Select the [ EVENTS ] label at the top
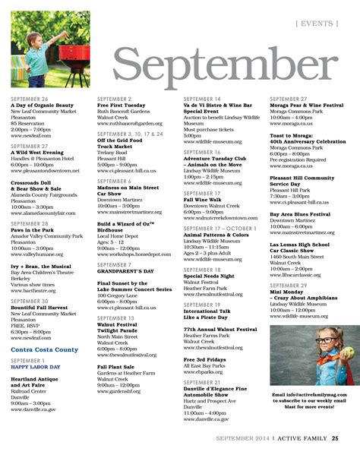317,23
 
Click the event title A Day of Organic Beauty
43,105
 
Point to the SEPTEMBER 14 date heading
202,99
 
